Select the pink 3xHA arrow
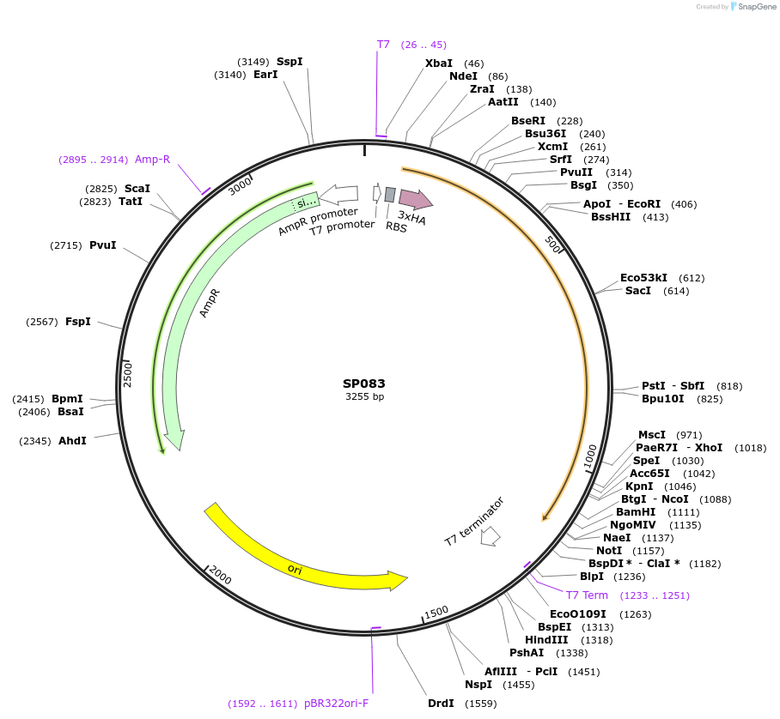point(416,199)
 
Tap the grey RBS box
point(390,195)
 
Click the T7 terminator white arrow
point(491,536)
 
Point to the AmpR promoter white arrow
point(338,195)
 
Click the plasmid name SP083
point(364,384)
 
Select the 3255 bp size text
point(364,396)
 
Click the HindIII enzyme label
point(546,640)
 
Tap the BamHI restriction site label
point(636,512)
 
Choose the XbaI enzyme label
point(439,63)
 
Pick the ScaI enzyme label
point(137,188)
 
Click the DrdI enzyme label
point(441,703)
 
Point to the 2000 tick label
point(221,575)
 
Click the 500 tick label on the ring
point(552,244)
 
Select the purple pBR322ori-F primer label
point(336,704)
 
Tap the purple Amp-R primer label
point(152,160)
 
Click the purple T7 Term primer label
point(587,595)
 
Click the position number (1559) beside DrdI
point(480,704)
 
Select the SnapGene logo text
point(757,7)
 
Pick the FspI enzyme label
point(78,322)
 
